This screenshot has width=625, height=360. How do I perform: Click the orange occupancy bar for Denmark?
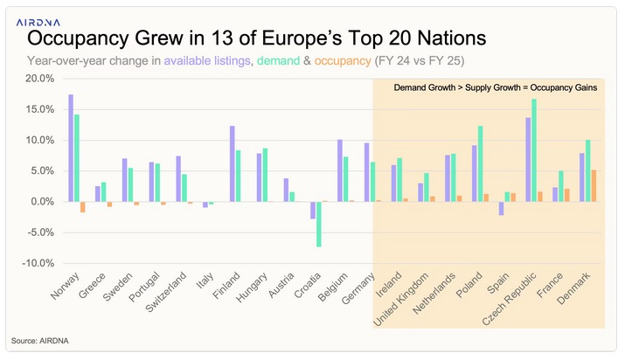[594, 185]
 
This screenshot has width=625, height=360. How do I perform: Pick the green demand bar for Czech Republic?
[534, 150]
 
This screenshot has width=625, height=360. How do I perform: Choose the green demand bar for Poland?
[480, 163]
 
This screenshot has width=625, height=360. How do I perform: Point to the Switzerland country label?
[172, 294]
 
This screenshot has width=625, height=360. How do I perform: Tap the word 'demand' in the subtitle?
[284, 61]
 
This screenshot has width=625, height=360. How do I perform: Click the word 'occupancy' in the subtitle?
[344, 61]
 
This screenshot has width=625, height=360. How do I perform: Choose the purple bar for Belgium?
[340, 170]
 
